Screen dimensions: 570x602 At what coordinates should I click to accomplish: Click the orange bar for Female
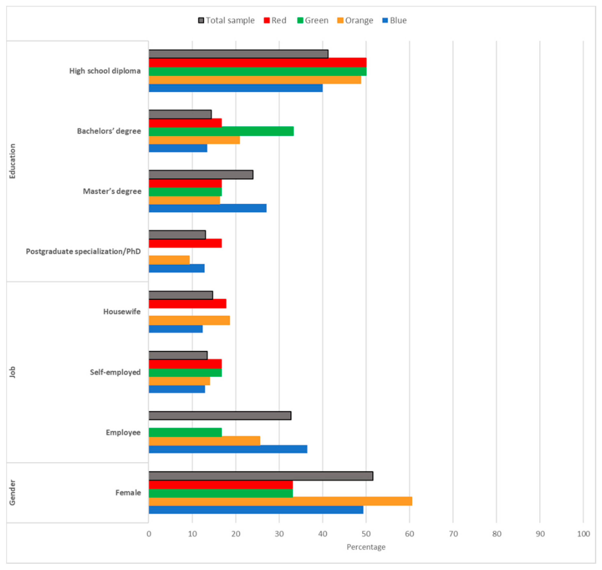pyautogui.click(x=280, y=501)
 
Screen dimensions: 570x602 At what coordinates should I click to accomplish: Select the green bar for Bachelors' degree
pyautogui.click(x=221, y=131)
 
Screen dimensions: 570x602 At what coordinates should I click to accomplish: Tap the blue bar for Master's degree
pyautogui.click(x=208, y=208)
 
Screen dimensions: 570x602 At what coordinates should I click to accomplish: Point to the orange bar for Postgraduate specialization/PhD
pyautogui.click(x=169, y=260)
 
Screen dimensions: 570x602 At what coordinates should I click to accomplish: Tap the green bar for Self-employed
pyautogui.click(x=185, y=372)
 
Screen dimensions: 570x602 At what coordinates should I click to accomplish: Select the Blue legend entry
pyautogui.click(x=394, y=20)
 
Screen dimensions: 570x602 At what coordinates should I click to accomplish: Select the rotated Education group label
pyautogui.click(x=12, y=161)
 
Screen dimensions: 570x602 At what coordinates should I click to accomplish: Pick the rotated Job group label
pyautogui.click(x=12, y=372)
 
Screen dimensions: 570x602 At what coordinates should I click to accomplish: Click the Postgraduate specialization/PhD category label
pyautogui.click(x=83, y=252)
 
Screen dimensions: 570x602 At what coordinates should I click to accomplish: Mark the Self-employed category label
pyautogui.click(x=115, y=372)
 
